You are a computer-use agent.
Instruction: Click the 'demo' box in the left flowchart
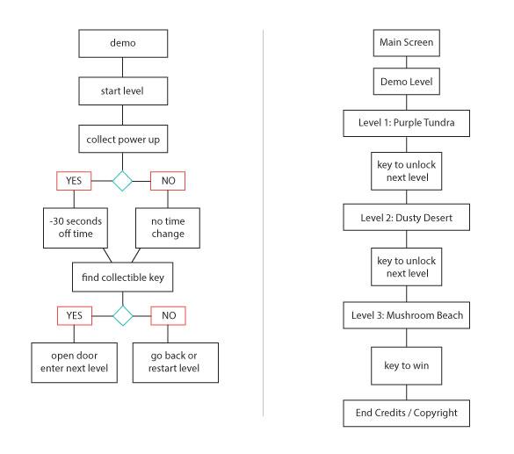[x=123, y=44]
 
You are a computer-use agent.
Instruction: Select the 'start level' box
[x=123, y=91]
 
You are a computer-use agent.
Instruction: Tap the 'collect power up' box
[x=123, y=139]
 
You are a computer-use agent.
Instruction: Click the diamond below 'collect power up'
[x=122, y=181]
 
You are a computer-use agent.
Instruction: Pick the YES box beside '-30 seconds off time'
[x=74, y=181]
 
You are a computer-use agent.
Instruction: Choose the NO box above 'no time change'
[x=168, y=181]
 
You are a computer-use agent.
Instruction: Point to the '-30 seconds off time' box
[x=76, y=227]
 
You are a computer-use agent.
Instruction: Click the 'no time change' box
[x=168, y=227]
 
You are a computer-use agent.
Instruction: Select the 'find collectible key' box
[x=123, y=277]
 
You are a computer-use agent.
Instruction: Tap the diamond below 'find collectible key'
[x=123, y=316]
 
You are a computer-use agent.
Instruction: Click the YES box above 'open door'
[x=75, y=316]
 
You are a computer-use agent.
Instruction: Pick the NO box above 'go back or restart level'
[x=168, y=316]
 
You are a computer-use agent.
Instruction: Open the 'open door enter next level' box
[x=75, y=363]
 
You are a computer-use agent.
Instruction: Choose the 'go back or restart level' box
[x=176, y=363]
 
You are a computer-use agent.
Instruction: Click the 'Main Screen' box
[x=407, y=43]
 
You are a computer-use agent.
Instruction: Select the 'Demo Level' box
[x=407, y=82]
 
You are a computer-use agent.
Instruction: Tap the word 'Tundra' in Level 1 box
[x=438, y=123]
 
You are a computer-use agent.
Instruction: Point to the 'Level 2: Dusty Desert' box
[x=407, y=217]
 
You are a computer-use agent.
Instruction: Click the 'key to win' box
[x=407, y=366]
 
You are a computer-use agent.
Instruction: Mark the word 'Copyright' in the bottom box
[x=435, y=413]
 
